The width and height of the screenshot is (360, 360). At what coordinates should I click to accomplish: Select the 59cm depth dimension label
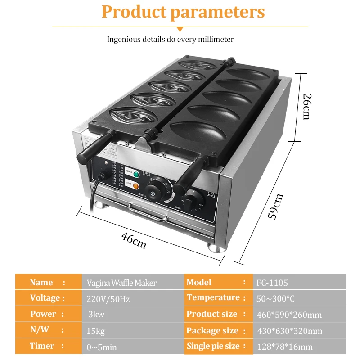(x=275, y=206)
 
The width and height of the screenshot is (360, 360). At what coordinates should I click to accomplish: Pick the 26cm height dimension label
(x=306, y=106)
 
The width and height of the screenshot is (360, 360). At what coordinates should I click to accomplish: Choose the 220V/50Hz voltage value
(x=108, y=298)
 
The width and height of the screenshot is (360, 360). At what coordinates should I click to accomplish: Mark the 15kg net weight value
(x=95, y=331)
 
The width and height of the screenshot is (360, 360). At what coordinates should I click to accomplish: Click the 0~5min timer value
(x=101, y=347)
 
